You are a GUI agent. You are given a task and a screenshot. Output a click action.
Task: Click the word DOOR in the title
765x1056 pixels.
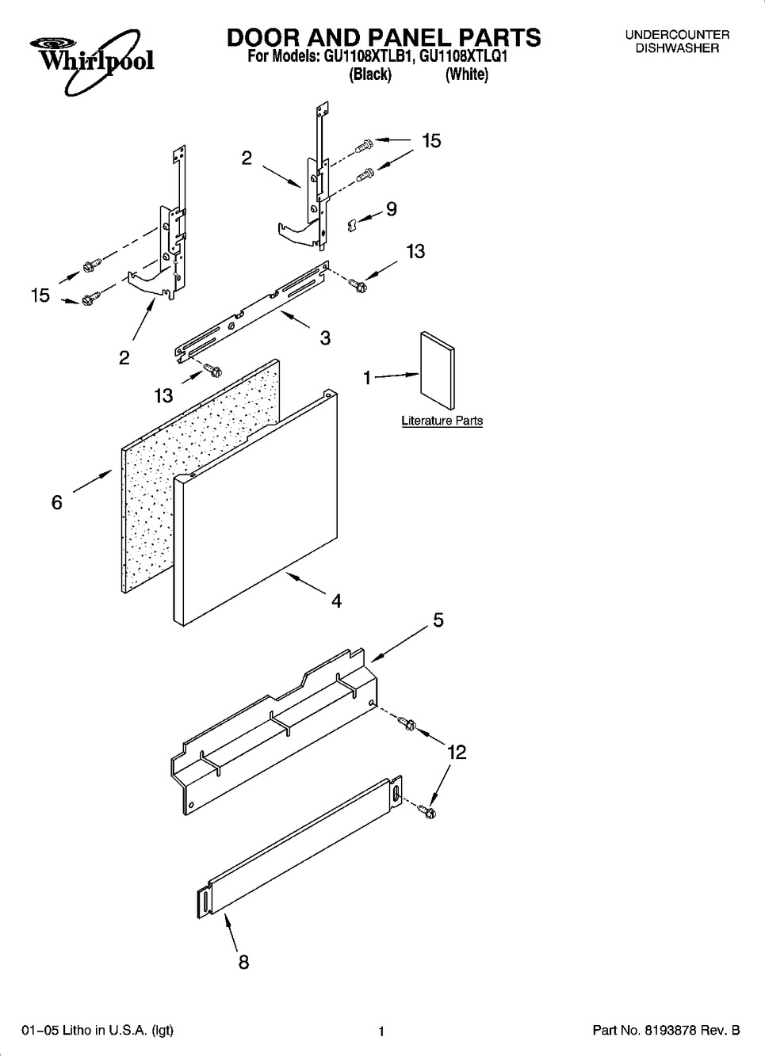[x=262, y=37]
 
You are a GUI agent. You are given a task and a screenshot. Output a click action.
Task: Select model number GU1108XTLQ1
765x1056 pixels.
[x=463, y=57]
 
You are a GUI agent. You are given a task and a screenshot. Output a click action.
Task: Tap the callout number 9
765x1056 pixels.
[x=391, y=209]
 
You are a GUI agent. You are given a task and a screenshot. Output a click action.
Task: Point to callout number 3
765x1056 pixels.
[x=325, y=338]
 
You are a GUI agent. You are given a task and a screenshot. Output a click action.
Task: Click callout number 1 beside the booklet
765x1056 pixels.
[x=367, y=379]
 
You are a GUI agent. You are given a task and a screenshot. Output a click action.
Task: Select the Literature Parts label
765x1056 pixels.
[x=442, y=421]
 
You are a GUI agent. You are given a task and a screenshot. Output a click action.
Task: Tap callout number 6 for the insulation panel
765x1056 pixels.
[x=56, y=502]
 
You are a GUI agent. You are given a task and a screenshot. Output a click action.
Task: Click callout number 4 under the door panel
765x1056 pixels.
[x=336, y=601]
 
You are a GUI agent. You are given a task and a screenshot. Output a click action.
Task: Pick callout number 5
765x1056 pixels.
[x=438, y=620]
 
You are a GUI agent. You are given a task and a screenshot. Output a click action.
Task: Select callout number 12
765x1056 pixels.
[x=456, y=752]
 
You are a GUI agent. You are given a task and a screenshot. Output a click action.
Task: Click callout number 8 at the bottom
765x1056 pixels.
[x=243, y=962]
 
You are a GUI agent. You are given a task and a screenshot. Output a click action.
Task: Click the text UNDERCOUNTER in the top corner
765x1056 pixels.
[x=676, y=35]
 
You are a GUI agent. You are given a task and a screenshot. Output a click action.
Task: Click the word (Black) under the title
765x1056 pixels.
[x=370, y=74]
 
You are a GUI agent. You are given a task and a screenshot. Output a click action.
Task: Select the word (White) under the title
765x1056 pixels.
[x=466, y=74]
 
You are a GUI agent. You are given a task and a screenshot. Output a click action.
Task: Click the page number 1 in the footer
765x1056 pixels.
[x=381, y=1031]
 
